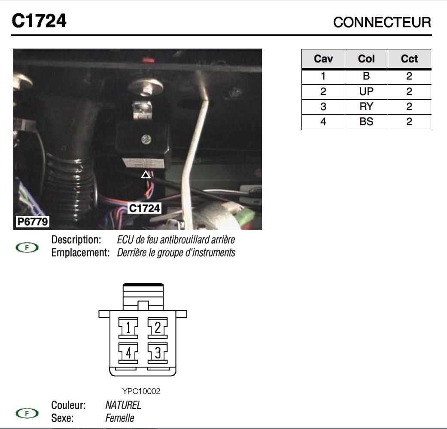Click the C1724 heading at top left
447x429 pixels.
click(x=39, y=21)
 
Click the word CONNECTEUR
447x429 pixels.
click(x=382, y=22)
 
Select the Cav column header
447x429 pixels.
click(x=323, y=59)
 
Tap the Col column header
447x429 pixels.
click(x=366, y=59)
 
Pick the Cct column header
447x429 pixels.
click(x=409, y=59)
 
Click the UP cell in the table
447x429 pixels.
click(x=366, y=92)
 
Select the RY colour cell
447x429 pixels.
click(x=366, y=107)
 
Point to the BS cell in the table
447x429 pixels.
click(x=366, y=122)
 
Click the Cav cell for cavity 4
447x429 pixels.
click(x=323, y=122)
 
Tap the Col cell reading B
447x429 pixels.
click(x=366, y=76)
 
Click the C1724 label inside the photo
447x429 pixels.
click(x=145, y=208)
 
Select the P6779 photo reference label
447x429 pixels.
click(x=33, y=221)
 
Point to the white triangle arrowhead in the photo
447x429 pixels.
click(x=146, y=175)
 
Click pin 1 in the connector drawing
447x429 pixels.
click(x=128, y=328)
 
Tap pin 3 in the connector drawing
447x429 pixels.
click(x=158, y=353)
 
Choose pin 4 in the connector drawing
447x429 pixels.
click(x=128, y=353)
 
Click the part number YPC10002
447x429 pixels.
click(x=141, y=391)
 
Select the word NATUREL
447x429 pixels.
click(x=123, y=405)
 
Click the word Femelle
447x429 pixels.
click(x=120, y=418)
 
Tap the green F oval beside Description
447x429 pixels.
click(x=27, y=248)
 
